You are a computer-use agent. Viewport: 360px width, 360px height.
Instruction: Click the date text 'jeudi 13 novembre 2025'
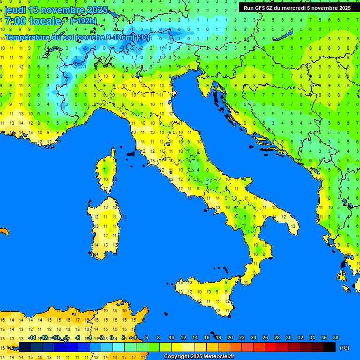pyautogui.click(x=56, y=10)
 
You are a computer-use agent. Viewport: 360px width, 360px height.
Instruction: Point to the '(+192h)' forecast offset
pyautogui.click(x=83, y=21)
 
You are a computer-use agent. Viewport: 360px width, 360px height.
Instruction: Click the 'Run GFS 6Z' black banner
pyautogui.click(x=297, y=8)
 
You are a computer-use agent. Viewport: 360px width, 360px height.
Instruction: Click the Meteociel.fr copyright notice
pyautogui.click(x=199, y=357)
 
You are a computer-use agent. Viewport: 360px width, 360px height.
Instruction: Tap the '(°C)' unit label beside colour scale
pyautogui.click(x=344, y=348)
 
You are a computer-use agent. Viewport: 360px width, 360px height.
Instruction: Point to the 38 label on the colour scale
pyautogui.click(x=335, y=337)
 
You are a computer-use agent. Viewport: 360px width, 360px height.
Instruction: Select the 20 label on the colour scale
pyautogui.click(x=230, y=337)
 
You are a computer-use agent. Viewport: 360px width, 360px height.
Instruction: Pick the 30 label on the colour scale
pyautogui.click(x=288, y=337)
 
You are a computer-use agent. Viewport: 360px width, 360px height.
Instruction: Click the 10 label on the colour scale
pyautogui.click(x=171, y=337)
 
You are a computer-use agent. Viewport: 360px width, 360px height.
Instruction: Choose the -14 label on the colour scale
pyautogui.click(x=32, y=337)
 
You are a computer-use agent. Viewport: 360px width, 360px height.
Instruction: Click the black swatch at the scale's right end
pyautogui.click(x=330, y=347)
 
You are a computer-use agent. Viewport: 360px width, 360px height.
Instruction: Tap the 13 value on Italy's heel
pyautogui.click(x=292, y=226)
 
